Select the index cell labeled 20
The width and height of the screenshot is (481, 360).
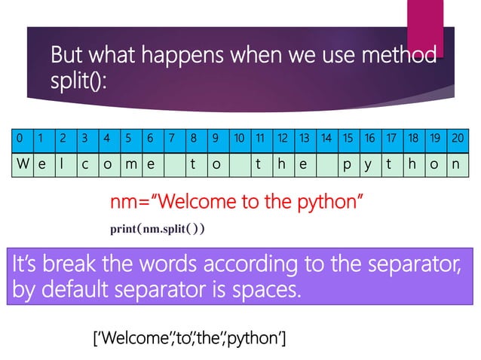[x=457, y=139]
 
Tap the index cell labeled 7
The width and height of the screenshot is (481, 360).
[x=173, y=139]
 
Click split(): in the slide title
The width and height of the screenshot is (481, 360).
[x=78, y=81]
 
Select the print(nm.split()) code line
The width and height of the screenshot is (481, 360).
[x=158, y=228]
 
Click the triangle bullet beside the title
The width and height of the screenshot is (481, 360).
[x=37, y=56]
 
